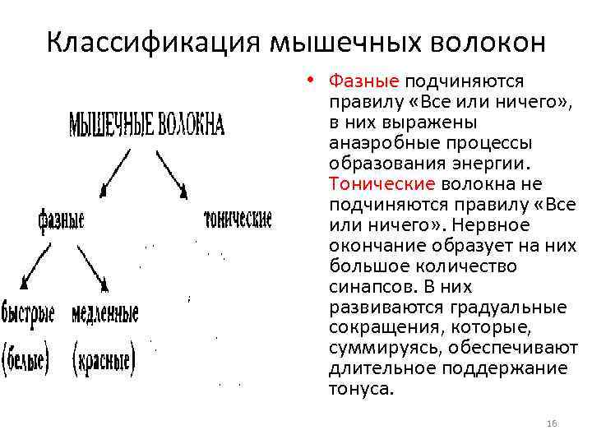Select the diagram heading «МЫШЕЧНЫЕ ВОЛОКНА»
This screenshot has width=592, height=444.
[x=146, y=123]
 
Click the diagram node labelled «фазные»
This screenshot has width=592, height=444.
[x=61, y=220]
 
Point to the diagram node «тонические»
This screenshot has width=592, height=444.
[x=237, y=220]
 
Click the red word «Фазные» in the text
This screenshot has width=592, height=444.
[x=363, y=81]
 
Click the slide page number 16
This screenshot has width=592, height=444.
[x=552, y=423]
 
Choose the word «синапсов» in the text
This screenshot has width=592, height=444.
[x=367, y=287]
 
